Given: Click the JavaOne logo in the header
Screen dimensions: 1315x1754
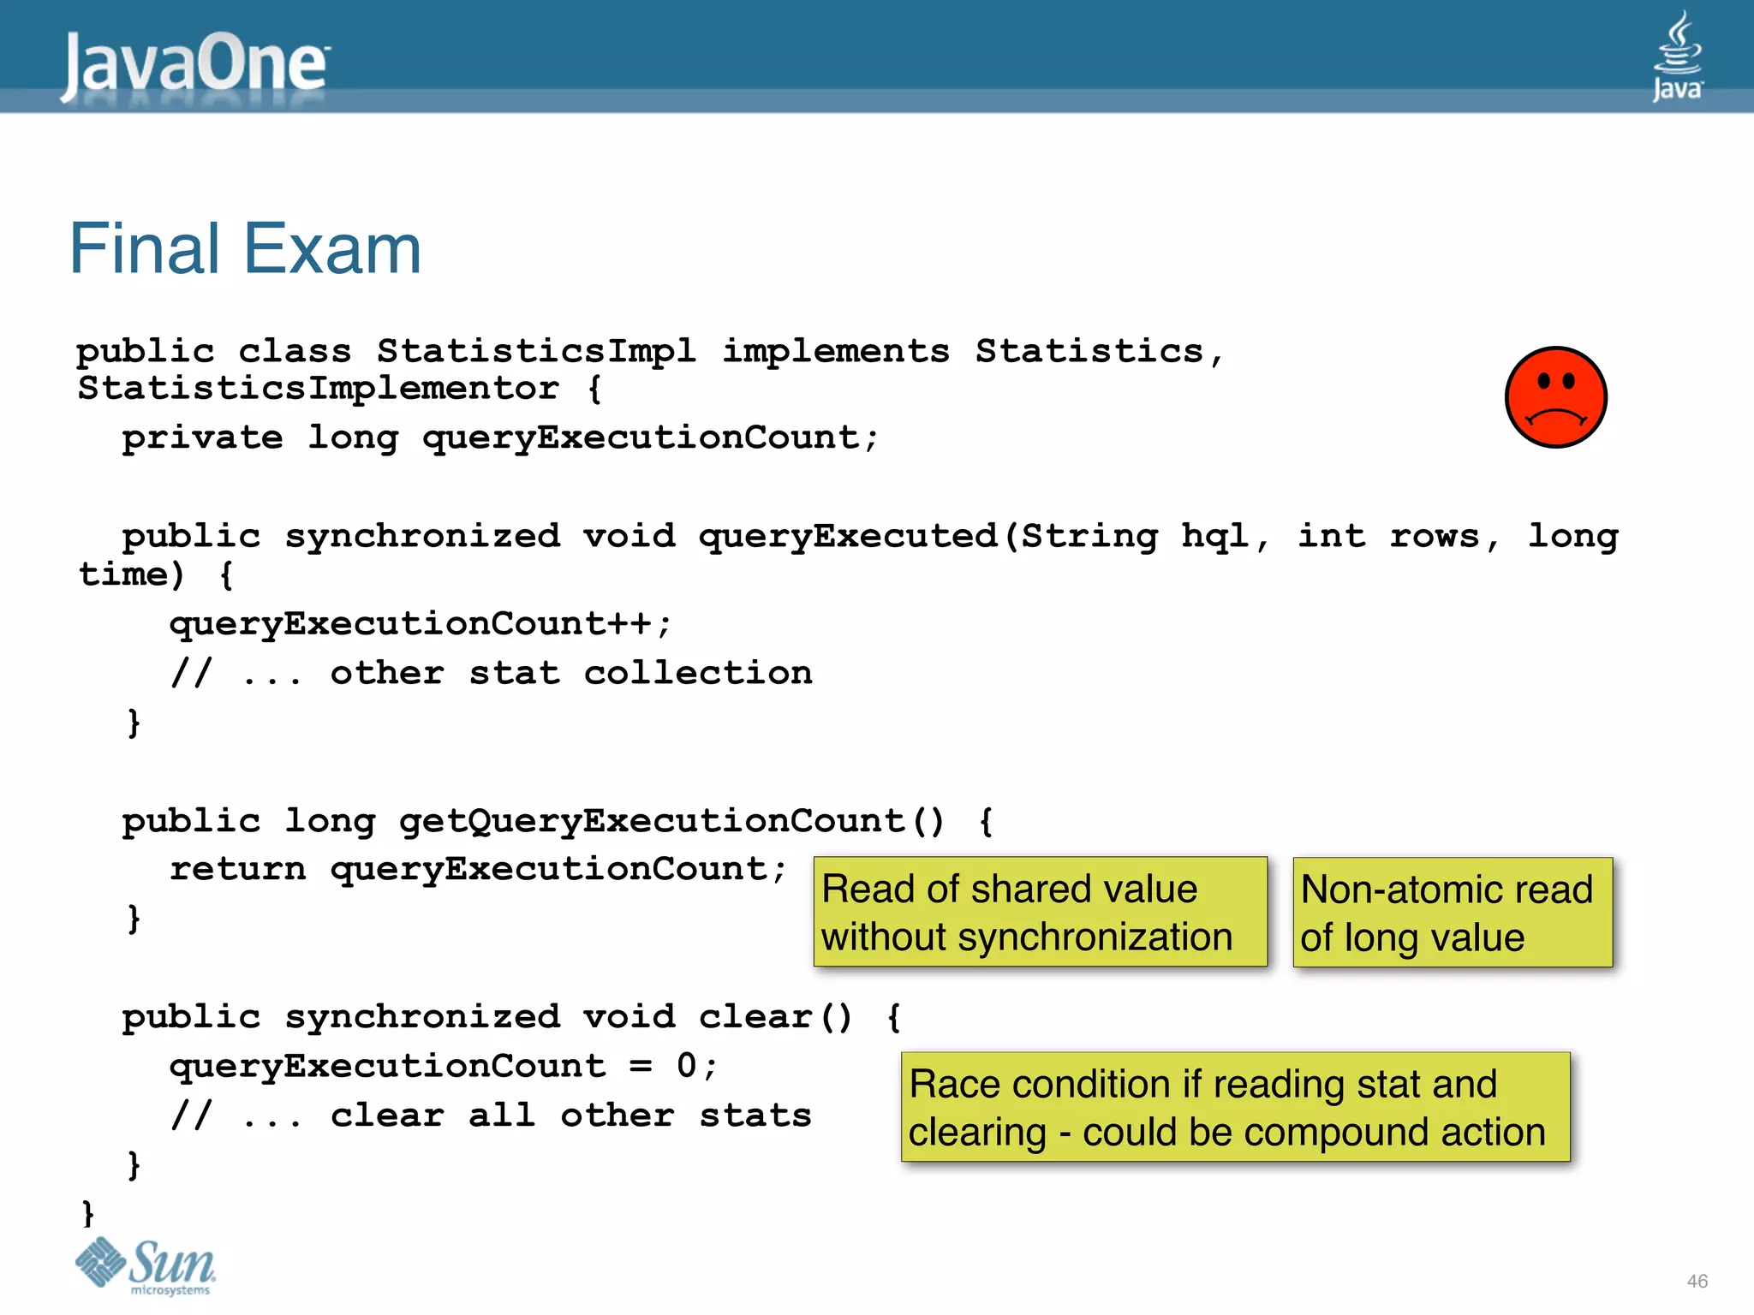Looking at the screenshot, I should pyautogui.click(x=195, y=64).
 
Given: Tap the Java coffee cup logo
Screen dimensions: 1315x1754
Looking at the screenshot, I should pyautogui.click(x=1677, y=56).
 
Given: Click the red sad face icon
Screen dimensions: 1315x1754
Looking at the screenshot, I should pyautogui.click(x=1555, y=397).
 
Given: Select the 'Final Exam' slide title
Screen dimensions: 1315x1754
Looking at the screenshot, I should pyautogui.click(x=245, y=249).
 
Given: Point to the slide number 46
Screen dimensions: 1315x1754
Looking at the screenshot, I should pyautogui.click(x=1697, y=1281).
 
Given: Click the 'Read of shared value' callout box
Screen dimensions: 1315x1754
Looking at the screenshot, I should pyautogui.click(x=1040, y=912).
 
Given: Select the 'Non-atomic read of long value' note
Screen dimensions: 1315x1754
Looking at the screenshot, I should pyautogui.click(x=1453, y=913).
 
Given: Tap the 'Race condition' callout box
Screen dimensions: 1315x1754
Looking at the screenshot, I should pyautogui.click(x=1235, y=1107).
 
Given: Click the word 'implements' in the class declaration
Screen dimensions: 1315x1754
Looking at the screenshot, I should pyautogui.click(x=836, y=351).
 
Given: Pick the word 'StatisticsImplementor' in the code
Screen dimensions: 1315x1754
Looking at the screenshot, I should pyautogui.click(x=318, y=388).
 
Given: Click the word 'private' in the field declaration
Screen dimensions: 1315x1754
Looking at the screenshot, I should pyautogui.click(x=202, y=437).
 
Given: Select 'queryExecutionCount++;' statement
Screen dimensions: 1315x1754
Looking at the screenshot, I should pyautogui.click(x=421, y=624).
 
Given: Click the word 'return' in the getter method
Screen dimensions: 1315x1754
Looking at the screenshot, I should pyautogui.click(x=237, y=869).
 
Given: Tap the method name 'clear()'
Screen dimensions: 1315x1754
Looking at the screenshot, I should pyautogui.click(x=775, y=1017).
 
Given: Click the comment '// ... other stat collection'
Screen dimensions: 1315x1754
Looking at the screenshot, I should pyautogui.click(x=491, y=673).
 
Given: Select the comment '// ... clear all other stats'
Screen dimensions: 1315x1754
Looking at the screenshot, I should pyautogui.click(x=491, y=1116).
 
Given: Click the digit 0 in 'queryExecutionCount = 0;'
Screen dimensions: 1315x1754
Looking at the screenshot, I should pyautogui.click(x=687, y=1066).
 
